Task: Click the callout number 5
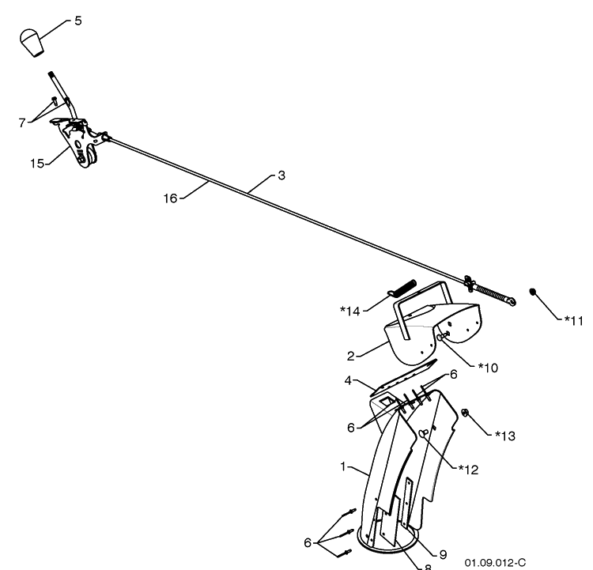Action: (x=78, y=21)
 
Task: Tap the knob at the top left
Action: (x=32, y=43)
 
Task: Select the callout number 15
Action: (x=37, y=164)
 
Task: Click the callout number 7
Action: (x=22, y=123)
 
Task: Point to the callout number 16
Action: (x=170, y=198)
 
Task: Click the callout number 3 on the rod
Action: (x=281, y=176)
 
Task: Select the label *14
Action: (x=350, y=311)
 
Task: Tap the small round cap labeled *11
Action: (x=532, y=292)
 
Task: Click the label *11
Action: (x=574, y=321)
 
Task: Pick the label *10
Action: (x=489, y=368)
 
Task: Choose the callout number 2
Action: (x=350, y=357)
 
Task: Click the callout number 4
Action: (x=348, y=380)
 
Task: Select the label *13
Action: (x=505, y=436)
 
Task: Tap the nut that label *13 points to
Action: (x=465, y=413)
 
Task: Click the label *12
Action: (x=469, y=470)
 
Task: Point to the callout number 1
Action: (x=343, y=466)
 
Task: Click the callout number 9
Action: (x=443, y=554)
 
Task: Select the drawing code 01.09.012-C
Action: (x=495, y=562)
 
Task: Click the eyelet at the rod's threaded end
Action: (x=512, y=301)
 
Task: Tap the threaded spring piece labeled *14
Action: (x=402, y=288)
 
